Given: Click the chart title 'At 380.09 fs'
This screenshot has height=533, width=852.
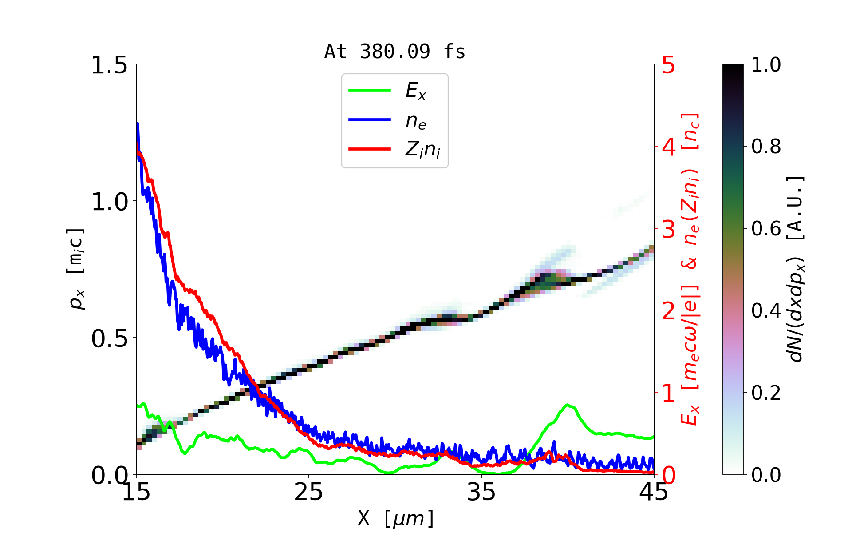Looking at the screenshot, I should pyautogui.click(x=394, y=52).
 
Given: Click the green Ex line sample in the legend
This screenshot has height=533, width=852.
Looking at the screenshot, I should pyautogui.click(x=369, y=91).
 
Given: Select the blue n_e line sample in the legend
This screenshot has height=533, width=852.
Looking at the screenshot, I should pyautogui.click(x=369, y=120).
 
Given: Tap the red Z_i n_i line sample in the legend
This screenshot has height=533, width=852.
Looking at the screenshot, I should pyautogui.click(x=369, y=149).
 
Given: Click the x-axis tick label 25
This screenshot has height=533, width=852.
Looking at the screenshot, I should pyautogui.click(x=309, y=492).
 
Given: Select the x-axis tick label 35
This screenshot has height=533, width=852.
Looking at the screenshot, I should pyautogui.click(x=481, y=492).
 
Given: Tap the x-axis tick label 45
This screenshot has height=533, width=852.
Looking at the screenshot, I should pyautogui.click(x=654, y=492).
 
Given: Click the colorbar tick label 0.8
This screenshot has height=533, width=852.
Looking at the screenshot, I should pyautogui.click(x=766, y=147).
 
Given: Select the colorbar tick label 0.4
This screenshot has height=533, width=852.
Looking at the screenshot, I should pyautogui.click(x=766, y=311).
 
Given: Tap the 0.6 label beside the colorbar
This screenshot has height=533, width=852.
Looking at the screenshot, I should pyautogui.click(x=766, y=229).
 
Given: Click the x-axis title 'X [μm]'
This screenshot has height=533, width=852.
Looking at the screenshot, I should pyautogui.click(x=396, y=518).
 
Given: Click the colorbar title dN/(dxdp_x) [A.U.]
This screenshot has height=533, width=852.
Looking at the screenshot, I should pyautogui.click(x=797, y=269).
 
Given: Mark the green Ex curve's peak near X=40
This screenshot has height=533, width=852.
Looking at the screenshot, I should pyautogui.click(x=567, y=405).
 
